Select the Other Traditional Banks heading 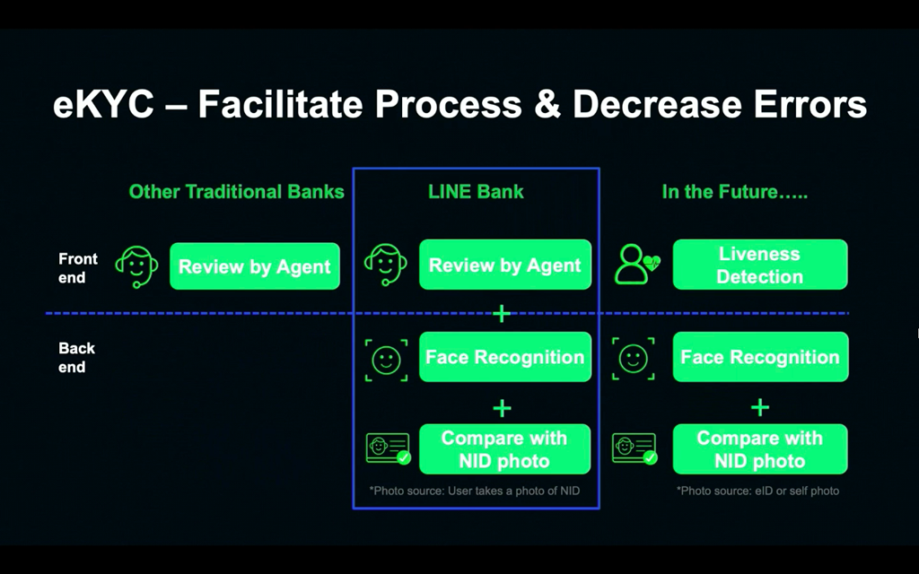tap(236, 191)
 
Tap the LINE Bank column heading tap(476, 191)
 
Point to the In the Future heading tap(734, 191)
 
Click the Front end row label tap(77, 268)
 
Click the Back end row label tap(76, 357)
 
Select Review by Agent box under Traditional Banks tap(255, 266)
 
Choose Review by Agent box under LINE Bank tap(504, 265)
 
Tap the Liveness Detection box tap(759, 265)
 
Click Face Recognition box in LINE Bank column tap(504, 357)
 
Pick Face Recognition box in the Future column tap(759, 357)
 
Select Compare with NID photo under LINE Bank tap(504, 449)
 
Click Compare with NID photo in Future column tap(759, 449)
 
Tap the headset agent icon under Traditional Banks tap(136, 266)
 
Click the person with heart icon tap(637, 265)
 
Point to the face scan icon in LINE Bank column tap(386, 360)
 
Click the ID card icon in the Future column tap(634, 448)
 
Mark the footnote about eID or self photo tap(757, 491)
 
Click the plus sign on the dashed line tap(502, 314)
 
